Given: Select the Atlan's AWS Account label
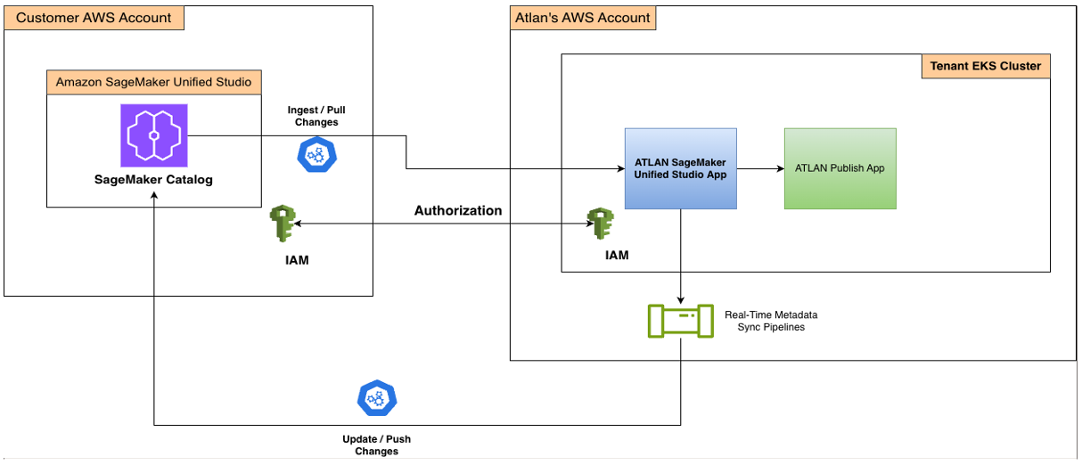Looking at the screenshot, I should [x=583, y=18].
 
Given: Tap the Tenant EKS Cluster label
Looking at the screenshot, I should [x=985, y=66].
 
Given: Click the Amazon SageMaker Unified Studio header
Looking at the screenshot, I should [x=153, y=82].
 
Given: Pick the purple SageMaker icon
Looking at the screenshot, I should [x=154, y=135].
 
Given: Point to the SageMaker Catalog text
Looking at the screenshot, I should [x=154, y=179].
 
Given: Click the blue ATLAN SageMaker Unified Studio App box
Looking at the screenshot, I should [x=680, y=168].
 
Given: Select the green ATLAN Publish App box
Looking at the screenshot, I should [x=840, y=168].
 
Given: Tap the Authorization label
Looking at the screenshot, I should [x=458, y=211].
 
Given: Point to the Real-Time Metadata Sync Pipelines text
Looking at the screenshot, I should [x=771, y=321].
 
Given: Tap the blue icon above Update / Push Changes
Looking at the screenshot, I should [x=376, y=398].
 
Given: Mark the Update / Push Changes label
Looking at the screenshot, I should [x=376, y=445].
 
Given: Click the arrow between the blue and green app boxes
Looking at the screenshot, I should [x=760, y=168].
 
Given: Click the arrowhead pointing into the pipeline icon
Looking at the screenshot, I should [x=681, y=299].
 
